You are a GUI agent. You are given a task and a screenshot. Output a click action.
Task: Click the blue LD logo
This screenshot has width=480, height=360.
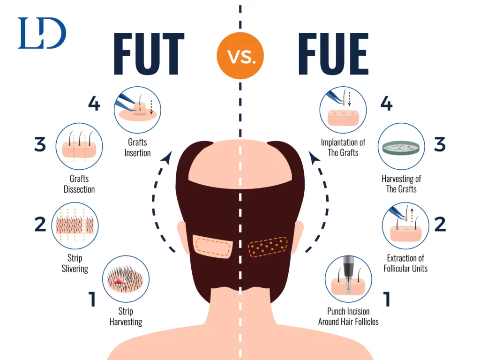tap(42, 33)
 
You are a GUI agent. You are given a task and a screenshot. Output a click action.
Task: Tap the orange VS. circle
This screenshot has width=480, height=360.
tap(240, 56)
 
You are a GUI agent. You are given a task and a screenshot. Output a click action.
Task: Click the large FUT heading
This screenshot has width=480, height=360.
tap(149, 54)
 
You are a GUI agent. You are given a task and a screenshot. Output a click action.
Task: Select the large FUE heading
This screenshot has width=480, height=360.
tap(333, 54)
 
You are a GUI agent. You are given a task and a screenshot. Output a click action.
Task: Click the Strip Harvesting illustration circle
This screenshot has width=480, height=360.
tap(126, 279)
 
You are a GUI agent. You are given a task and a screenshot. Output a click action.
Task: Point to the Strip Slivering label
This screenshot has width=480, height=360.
tap(75, 263)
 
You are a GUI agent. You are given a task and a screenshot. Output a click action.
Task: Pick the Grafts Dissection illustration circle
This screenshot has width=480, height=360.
tap(79, 146)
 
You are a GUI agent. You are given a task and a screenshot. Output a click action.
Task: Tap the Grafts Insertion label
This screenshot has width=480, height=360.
tap(137, 147)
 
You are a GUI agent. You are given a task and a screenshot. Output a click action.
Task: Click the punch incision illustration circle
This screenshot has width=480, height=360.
tap(348, 279)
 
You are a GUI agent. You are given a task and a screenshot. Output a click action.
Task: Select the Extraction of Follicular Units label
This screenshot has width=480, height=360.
tap(405, 263)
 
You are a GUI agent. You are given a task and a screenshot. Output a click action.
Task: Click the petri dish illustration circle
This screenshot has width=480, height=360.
tap(401, 146)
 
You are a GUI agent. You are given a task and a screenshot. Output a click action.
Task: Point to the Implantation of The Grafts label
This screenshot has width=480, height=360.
tap(343, 147)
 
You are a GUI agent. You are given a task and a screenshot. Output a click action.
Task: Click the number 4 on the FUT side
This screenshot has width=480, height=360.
tap(94, 103)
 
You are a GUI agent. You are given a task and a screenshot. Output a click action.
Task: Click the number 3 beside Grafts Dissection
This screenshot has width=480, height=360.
tap(40, 144)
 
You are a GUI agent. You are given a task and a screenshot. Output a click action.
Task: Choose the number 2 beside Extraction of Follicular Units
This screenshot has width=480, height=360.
tap(440, 224)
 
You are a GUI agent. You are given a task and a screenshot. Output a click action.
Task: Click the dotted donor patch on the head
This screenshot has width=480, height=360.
tap(268, 247)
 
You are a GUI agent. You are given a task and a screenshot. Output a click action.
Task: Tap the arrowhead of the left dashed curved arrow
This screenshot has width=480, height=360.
tap(167, 157)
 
